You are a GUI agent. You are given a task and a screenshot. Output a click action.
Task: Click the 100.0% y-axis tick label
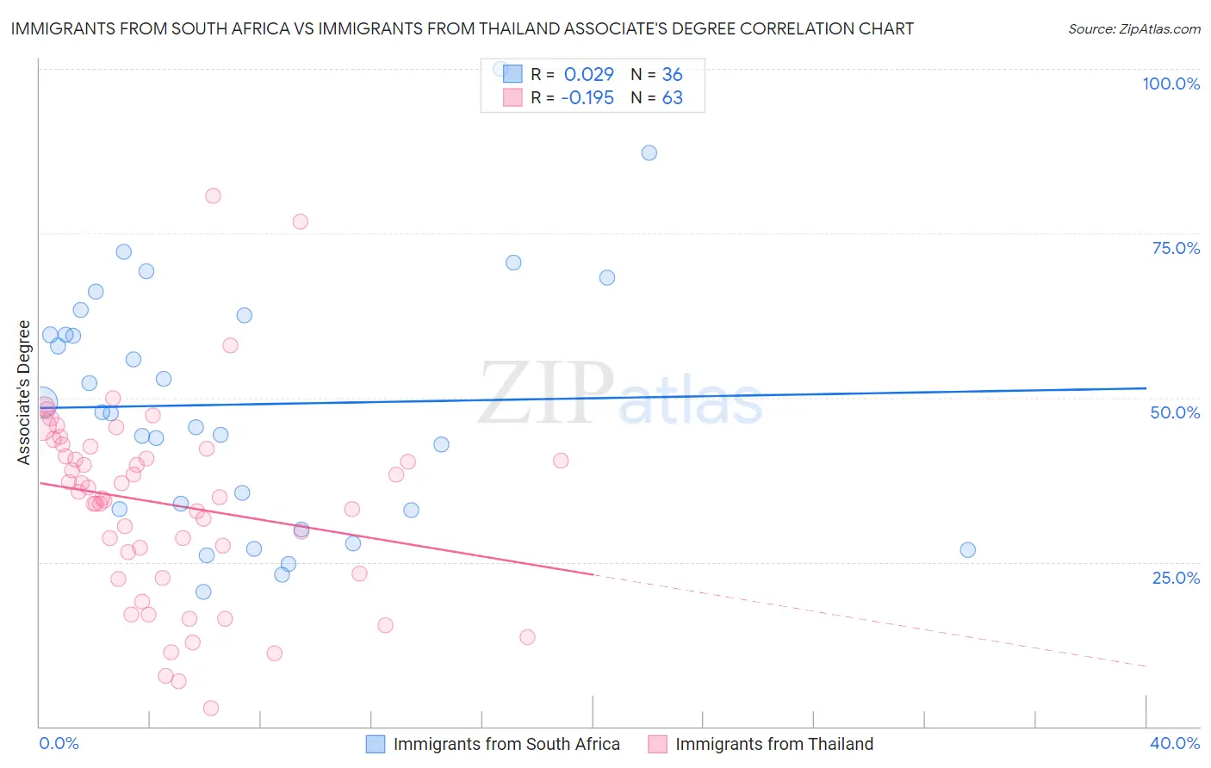(x=1171, y=84)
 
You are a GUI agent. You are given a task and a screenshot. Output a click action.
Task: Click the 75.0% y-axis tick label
(x=1176, y=248)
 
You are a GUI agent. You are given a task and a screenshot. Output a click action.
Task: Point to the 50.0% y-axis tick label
(x=1175, y=412)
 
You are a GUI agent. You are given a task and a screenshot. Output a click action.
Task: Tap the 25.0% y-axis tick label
(x=1176, y=577)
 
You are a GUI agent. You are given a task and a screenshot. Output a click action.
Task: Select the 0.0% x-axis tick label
(x=59, y=743)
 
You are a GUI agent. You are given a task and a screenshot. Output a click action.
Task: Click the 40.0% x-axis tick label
(x=1175, y=743)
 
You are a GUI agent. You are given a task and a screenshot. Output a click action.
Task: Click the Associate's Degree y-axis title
(x=24, y=393)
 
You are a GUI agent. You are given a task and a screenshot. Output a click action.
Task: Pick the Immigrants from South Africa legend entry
(x=506, y=744)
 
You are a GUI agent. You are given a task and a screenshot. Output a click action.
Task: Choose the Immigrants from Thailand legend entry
(x=773, y=744)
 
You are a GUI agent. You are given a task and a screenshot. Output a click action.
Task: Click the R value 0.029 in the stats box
(x=588, y=74)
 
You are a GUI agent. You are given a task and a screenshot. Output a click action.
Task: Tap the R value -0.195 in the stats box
(x=587, y=97)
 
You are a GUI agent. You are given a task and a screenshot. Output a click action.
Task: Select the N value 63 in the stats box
(x=672, y=97)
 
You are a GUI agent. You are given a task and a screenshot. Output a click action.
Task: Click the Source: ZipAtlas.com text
(x=1133, y=29)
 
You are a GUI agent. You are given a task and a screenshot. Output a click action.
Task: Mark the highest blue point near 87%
(x=649, y=152)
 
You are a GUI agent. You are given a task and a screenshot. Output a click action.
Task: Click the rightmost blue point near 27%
(x=968, y=550)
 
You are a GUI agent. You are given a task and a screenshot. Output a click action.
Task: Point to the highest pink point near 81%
(x=213, y=195)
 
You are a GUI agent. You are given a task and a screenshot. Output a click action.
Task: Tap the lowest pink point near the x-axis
(x=211, y=708)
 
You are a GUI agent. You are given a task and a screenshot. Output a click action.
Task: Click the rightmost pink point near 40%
(x=561, y=461)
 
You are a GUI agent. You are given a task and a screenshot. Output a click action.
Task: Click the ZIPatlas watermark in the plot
(x=620, y=394)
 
